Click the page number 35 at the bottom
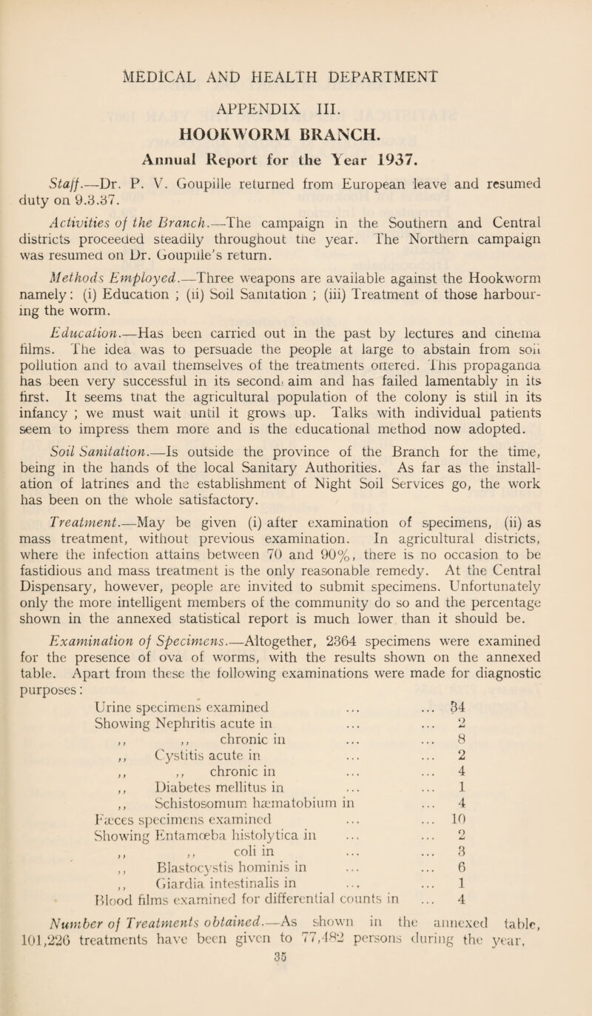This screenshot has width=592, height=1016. [296, 1008]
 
